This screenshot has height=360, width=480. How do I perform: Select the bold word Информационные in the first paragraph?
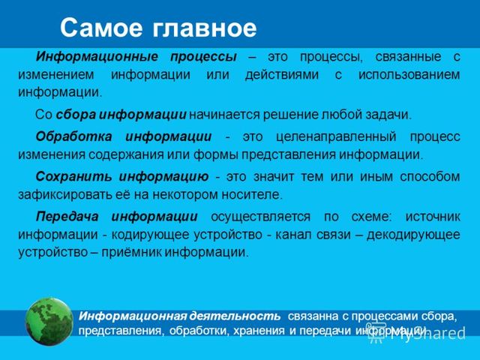[97, 57]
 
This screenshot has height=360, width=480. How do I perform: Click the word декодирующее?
[421, 234]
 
